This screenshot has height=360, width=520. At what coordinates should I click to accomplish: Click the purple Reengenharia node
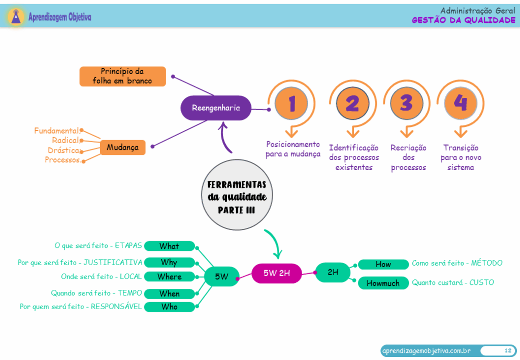[216, 108]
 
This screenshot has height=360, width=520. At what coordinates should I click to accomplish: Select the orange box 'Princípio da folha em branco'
[122, 76]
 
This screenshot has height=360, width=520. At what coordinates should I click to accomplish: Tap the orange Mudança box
[122, 148]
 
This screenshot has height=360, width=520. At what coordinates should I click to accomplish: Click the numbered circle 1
[291, 104]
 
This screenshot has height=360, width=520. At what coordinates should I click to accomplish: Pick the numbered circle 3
[406, 104]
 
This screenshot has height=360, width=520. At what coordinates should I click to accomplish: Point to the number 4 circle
[460, 103]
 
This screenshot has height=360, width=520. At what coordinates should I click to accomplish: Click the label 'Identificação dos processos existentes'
[353, 157]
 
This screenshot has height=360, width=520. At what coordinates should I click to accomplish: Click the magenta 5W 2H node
[277, 273]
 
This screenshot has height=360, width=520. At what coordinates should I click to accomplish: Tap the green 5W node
[221, 277]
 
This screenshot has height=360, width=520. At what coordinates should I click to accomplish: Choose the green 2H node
[333, 273]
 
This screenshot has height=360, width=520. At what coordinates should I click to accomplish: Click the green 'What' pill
[169, 246]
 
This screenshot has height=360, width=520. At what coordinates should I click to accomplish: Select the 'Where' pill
[169, 277]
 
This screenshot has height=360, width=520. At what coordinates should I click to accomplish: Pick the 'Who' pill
[169, 307]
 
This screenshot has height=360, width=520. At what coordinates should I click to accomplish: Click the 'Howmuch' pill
[383, 283]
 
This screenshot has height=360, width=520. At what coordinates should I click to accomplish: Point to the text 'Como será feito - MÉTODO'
[457, 263]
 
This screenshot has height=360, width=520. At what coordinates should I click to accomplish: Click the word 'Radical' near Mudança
[66, 140]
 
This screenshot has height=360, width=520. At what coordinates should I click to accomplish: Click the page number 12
[507, 350]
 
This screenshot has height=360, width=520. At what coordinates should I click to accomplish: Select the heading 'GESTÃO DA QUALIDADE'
[463, 20]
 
